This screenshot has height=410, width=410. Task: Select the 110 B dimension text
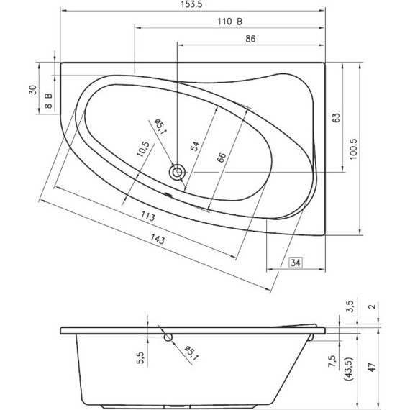[x=229, y=22]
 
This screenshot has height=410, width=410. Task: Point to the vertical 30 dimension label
[x=32, y=89]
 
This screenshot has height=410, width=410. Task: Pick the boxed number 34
[x=296, y=263]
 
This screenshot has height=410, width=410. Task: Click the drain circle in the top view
[x=176, y=172]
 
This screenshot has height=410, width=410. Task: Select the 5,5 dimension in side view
[x=141, y=354]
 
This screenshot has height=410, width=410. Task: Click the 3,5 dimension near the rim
[x=350, y=306]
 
